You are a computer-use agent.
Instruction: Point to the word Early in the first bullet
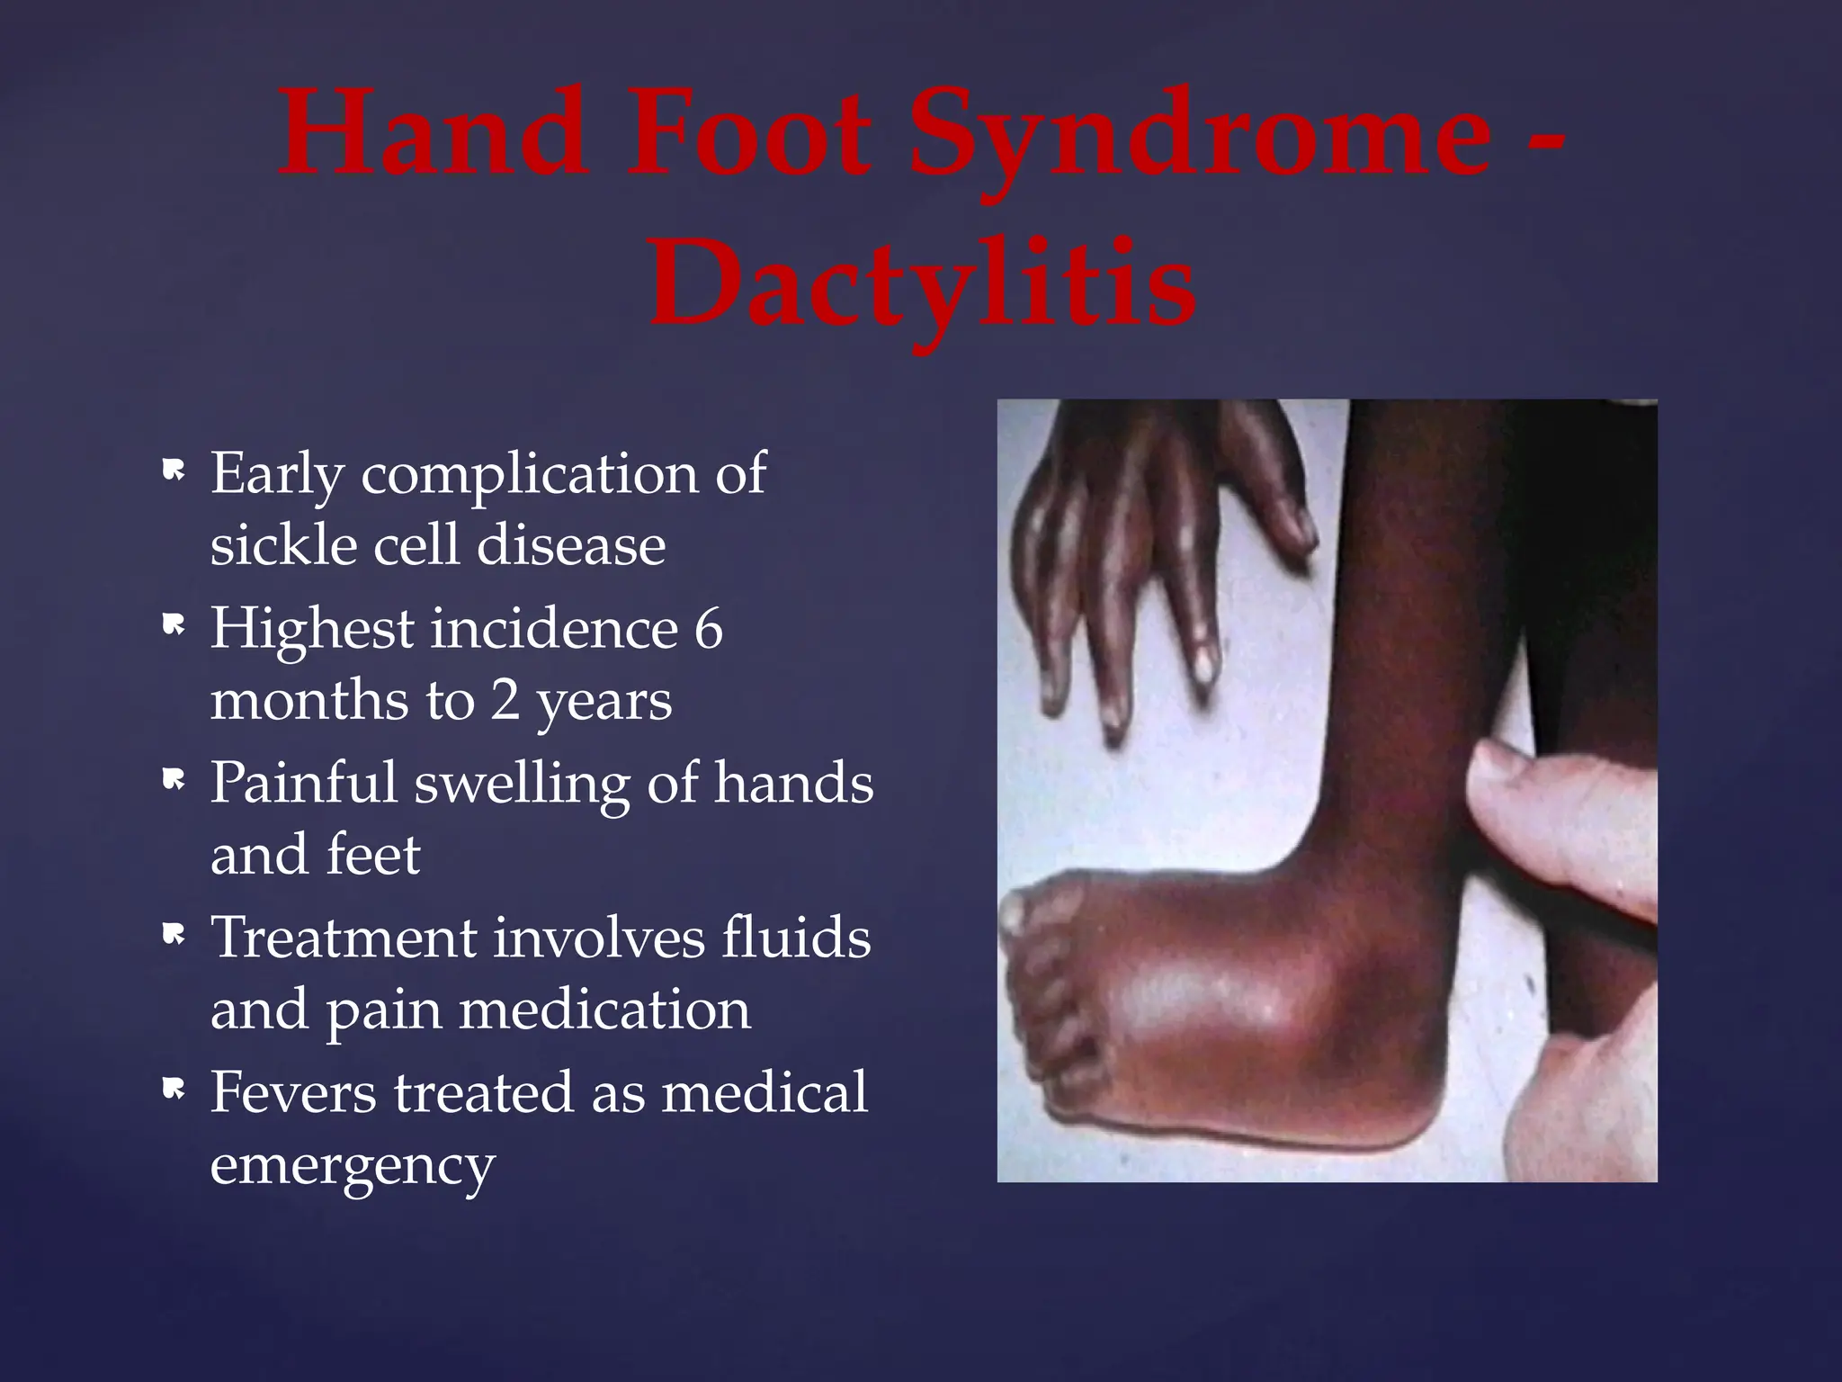coord(275,474)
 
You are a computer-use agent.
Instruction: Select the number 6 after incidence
coord(708,628)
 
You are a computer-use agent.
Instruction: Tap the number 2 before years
coord(505,700)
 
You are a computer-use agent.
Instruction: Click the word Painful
coord(303,784)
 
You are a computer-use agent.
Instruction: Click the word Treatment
coord(343,938)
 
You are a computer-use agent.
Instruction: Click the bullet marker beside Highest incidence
coord(173,624)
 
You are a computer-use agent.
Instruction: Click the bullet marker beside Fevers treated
coord(173,1089)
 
